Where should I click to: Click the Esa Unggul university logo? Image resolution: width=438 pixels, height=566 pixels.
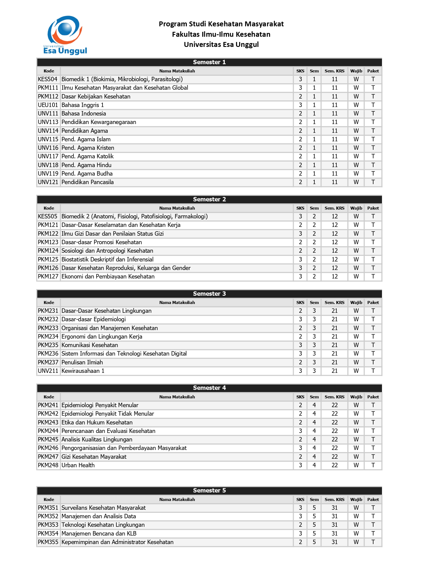[x=65, y=35]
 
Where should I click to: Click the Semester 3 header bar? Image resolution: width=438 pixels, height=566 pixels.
[x=209, y=294]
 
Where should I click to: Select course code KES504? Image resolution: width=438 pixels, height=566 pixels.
[x=48, y=79]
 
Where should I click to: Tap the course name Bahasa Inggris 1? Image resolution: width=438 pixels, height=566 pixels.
[x=82, y=105]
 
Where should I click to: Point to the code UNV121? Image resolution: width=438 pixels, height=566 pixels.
[x=48, y=182]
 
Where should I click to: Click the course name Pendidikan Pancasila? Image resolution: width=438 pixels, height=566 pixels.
[x=87, y=182]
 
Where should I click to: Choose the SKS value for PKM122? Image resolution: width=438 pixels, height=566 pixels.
[x=300, y=234]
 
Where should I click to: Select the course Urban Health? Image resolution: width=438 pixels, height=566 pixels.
[x=78, y=465]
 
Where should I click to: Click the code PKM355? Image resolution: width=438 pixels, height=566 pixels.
[x=48, y=542]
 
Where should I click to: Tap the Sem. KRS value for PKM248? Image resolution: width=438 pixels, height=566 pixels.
[x=334, y=465]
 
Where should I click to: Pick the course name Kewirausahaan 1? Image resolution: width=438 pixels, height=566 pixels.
[x=83, y=371]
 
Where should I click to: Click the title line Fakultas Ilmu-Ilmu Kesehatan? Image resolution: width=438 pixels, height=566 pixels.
[x=221, y=34]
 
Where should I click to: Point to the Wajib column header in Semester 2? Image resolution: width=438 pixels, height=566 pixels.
[x=356, y=208]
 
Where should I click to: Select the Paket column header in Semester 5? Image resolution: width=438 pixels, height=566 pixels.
[x=373, y=500]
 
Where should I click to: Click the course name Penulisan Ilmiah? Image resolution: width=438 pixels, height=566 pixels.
[x=82, y=362]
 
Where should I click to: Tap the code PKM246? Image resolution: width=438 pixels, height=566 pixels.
[x=48, y=448]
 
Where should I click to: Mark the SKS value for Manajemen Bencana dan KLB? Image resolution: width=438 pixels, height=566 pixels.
[x=300, y=534]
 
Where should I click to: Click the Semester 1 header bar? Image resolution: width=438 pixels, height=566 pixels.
[x=209, y=62]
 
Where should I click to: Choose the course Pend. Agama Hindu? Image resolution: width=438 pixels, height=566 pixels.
[x=86, y=165]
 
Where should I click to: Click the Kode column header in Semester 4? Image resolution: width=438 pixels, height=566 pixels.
[x=49, y=397]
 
